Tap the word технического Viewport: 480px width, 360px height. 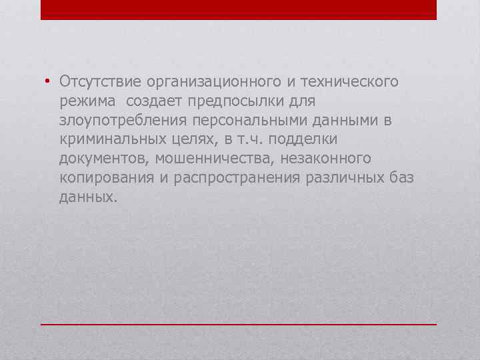tap(349, 81)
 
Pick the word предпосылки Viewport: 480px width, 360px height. tap(237, 101)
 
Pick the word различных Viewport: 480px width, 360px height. tap(345, 178)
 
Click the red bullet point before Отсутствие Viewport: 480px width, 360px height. tap(48, 82)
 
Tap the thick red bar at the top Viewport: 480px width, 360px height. tap(239, 9)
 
